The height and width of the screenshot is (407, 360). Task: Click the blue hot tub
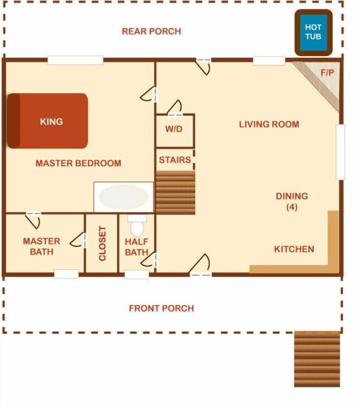[x=313, y=32]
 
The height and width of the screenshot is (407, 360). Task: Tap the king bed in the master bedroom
[x=48, y=121]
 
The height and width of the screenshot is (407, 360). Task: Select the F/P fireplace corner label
[x=327, y=73]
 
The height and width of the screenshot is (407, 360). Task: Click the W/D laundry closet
[x=175, y=131]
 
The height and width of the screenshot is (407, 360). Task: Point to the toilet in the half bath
[x=137, y=226]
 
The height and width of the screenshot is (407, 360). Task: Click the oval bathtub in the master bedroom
[x=123, y=197]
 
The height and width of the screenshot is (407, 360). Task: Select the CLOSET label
[x=103, y=243]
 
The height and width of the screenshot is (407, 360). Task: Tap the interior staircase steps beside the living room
[x=175, y=192]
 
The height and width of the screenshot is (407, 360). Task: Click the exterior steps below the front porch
[x=317, y=359]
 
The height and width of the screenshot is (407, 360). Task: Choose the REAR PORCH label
[x=151, y=31]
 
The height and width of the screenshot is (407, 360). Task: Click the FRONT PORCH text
[x=161, y=308]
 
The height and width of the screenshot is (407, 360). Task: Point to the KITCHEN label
[x=294, y=249]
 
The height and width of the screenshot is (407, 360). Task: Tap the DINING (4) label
[x=292, y=201]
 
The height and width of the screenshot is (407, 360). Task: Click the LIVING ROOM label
[x=269, y=125]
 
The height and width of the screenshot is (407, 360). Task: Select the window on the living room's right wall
[x=340, y=152]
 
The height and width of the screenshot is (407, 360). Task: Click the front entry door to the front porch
[x=201, y=265]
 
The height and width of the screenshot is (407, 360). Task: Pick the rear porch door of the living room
[x=203, y=67]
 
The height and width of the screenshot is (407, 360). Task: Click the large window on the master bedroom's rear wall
[x=75, y=60]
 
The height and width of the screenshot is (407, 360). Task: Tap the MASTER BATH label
[x=41, y=246]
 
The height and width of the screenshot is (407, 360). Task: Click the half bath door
[x=149, y=260]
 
